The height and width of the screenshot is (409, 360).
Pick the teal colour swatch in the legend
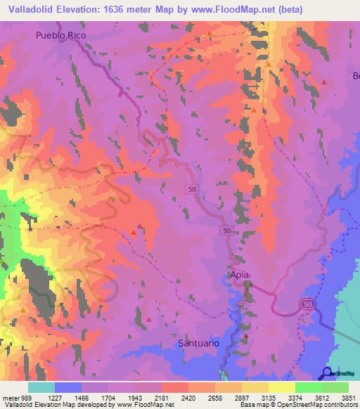(x=41, y=387)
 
